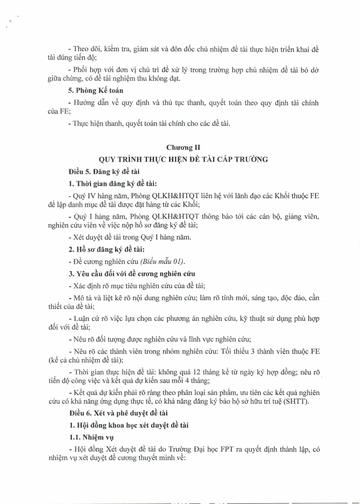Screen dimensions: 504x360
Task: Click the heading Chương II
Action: coord(183,147)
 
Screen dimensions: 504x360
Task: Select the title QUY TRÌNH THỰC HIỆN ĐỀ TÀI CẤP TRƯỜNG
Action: coord(183,159)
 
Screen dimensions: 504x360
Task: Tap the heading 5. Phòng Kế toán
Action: coord(96,90)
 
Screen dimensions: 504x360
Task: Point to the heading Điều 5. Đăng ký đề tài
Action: coord(104,172)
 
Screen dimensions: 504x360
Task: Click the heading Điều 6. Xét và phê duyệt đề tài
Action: coord(118,413)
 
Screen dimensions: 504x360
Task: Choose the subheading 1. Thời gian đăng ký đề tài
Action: coord(112,184)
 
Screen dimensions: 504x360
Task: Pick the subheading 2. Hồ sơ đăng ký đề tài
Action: coord(106,250)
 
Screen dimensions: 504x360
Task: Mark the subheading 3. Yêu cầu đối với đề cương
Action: coord(132,274)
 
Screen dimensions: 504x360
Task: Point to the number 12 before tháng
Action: coord(197,372)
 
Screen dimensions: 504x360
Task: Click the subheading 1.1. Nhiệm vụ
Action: coord(91,437)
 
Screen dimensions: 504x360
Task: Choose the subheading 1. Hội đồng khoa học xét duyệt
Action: coord(129,425)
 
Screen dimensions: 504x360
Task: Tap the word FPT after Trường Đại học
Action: coord(227,450)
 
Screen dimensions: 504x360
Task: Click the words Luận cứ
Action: coord(86,319)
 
